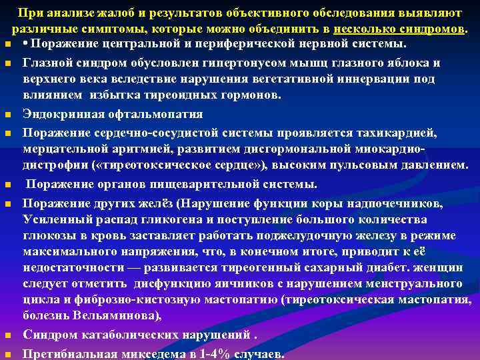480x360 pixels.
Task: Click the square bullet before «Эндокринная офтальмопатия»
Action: pos(7,114)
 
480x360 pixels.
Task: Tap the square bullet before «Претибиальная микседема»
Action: pos(7,355)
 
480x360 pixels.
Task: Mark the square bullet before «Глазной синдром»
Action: pos(7,65)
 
